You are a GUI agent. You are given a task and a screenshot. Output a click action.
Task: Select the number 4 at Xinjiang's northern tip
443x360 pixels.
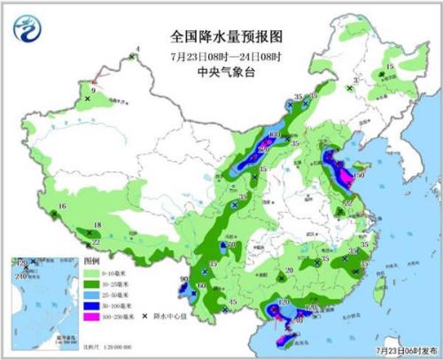pos(137,49)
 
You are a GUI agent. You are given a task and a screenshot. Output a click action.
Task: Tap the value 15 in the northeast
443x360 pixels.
pos(389,67)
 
